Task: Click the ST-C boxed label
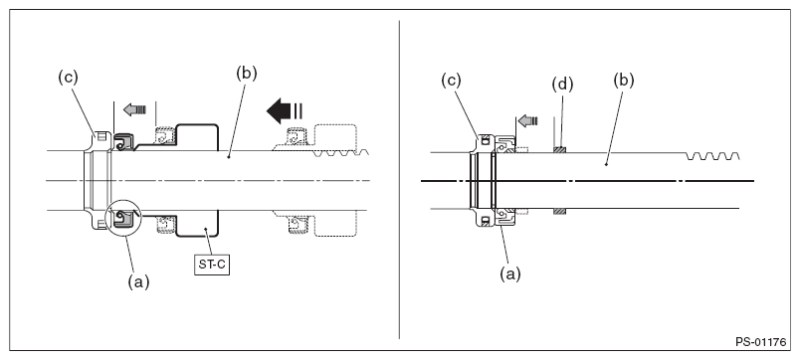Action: (x=212, y=266)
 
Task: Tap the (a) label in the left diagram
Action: (x=138, y=282)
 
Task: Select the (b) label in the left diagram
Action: (x=247, y=73)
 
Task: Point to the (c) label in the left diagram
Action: (x=69, y=78)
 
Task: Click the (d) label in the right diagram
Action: (x=563, y=85)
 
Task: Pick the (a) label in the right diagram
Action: (x=510, y=274)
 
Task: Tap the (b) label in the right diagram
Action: (x=623, y=81)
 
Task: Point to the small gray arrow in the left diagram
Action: (x=134, y=109)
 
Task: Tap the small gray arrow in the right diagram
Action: (x=527, y=121)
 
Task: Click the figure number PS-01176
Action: (x=761, y=342)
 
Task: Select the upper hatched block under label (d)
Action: (x=560, y=150)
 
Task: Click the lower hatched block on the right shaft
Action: (x=560, y=211)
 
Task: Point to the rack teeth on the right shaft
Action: (x=713, y=155)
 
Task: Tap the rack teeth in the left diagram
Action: (x=342, y=153)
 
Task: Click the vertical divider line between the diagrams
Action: (x=399, y=179)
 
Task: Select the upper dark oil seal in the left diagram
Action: (x=123, y=142)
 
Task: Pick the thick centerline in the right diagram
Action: (x=588, y=181)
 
